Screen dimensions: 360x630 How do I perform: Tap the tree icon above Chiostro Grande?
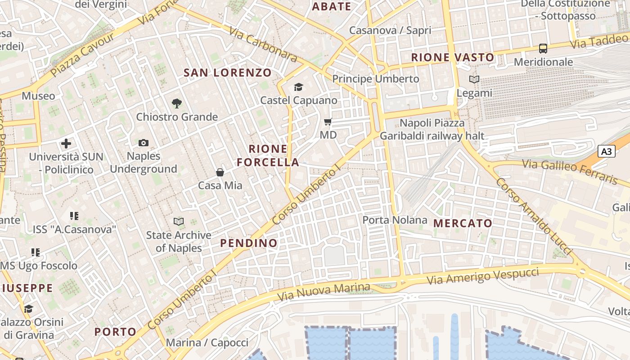pos(177,103)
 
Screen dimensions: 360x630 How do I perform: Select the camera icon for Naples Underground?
pos(144,143)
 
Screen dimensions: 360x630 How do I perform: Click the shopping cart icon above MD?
pos(328,121)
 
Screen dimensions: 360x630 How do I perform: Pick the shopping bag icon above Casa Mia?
pos(220,172)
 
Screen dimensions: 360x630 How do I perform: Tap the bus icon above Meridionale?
pos(543,48)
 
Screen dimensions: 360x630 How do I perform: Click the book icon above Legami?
pos(474,80)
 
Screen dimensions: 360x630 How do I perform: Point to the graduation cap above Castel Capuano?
pos(298,87)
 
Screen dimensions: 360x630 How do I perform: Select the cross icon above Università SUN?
pos(66,144)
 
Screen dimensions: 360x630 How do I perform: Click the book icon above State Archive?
pos(179,221)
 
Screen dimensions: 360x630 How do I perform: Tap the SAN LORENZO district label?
pos(228,72)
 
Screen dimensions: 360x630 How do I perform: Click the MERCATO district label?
pos(463,223)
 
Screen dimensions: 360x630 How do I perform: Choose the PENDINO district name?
pos(249,243)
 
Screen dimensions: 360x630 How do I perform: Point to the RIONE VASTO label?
pos(453,57)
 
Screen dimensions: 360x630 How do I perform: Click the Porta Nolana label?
pos(395,220)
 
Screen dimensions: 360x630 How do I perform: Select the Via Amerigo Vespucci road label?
pos(482,276)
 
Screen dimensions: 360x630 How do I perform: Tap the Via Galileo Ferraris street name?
pos(570,171)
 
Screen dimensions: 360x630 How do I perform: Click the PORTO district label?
pos(115,332)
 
